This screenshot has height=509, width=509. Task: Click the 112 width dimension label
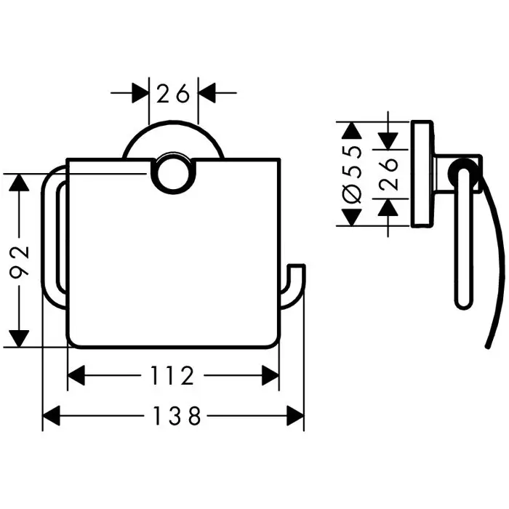(x=173, y=376)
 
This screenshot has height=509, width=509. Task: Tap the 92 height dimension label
(x=20, y=260)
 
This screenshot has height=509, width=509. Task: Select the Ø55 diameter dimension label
(x=352, y=174)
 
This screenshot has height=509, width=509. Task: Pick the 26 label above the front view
(x=173, y=93)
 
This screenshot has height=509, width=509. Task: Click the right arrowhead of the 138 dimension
(x=295, y=416)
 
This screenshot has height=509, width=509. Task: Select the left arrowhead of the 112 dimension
(x=76, y=376)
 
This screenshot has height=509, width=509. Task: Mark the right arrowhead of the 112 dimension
(x=270, y=376)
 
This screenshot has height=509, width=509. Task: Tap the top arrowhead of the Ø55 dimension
(x=352, y=131)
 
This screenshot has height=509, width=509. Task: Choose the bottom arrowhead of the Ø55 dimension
(x=352, y=217)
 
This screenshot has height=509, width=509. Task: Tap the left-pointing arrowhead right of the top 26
(x=209, y=93)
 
